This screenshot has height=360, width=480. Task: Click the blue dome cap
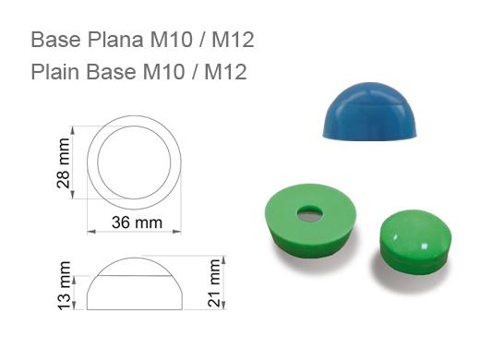coord(369,111)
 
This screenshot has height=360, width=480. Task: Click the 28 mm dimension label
coord(64,162)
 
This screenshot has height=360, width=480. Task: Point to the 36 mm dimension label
coord(137,222)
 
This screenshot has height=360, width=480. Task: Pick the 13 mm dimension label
coord(64,285)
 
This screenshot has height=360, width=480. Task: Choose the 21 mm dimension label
coord(214,282)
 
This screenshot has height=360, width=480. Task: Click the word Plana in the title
coord(115,40)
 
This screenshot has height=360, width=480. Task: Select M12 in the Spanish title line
coord(233,40)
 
